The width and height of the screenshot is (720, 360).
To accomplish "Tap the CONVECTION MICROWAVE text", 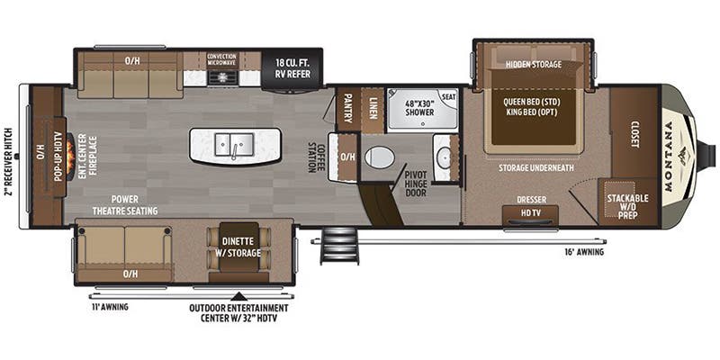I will (221, 59).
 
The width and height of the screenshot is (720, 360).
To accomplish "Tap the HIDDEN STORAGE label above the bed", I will (533, 64).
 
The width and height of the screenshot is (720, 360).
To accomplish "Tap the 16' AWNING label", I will (585, 253).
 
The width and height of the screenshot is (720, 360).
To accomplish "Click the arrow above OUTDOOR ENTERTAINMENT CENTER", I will (238, 294).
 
